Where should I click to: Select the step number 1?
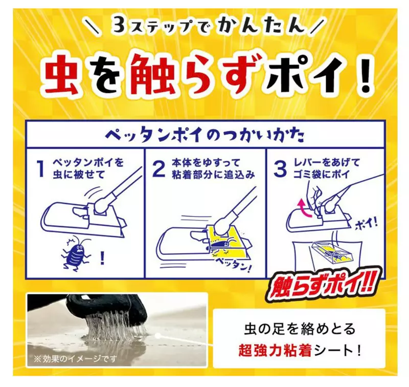click(x=41, y=169)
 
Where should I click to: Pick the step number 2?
click(x=159, y=169)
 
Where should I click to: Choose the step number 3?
click(x=280, y=169)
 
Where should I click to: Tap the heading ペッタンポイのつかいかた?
click(x=204, y=135)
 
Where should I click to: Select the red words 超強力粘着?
click(x=275, y=351)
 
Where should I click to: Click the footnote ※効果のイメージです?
click(x=75, y=359)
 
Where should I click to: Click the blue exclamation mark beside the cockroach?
click(x=102, y=257)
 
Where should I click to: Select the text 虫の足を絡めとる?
click(x=300, y=328)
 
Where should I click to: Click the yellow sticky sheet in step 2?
click(x=226, y=242)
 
